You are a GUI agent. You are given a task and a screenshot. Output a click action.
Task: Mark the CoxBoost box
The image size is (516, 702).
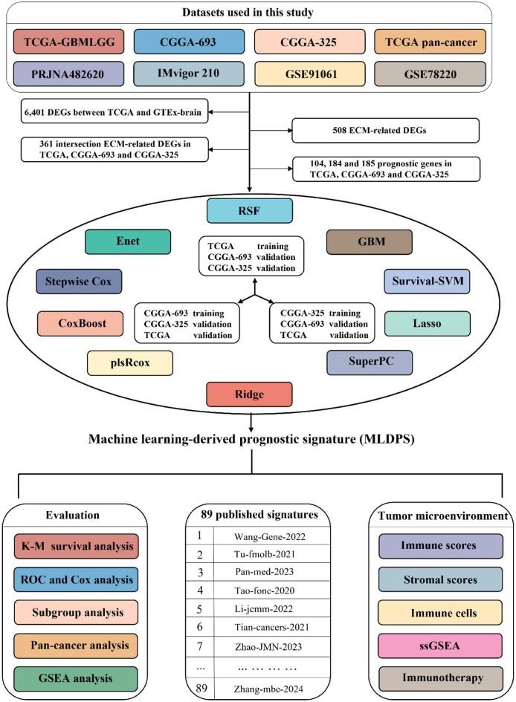pos(80,322)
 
